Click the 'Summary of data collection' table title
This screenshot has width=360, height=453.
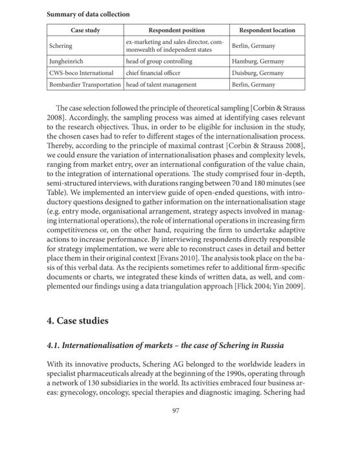pos(88,14)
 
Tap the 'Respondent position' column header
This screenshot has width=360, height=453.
pos(177,30)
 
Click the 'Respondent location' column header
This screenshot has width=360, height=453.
pos(267,30)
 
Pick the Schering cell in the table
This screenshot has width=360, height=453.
pos(61,47)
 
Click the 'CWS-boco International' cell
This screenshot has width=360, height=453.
pos(81,73)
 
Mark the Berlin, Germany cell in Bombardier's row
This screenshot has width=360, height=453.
pos(254,85)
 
